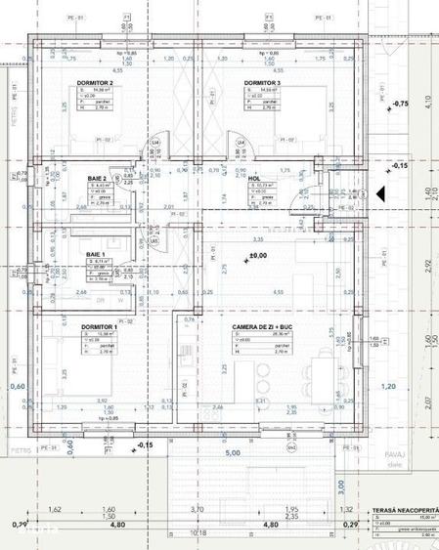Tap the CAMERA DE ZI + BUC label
264,328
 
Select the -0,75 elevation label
400,103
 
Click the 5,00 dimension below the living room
233,453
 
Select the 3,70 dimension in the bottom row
197,509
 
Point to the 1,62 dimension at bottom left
55,509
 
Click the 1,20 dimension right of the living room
388,387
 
